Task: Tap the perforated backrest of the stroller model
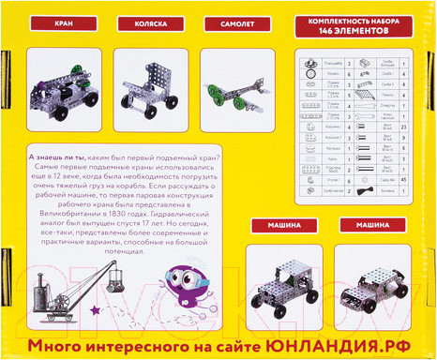(x=142, y=80)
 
